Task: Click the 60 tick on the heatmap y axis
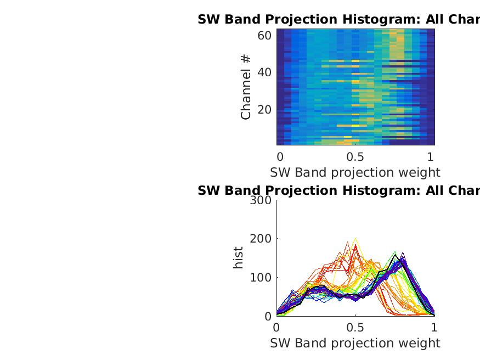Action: tap(264, 36)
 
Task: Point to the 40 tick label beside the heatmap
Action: tap(264, 72)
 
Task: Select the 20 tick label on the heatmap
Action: tap(264, 109)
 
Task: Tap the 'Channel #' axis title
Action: tap(246, 87)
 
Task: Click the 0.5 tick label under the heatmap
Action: tap(355, 156)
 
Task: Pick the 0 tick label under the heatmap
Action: tap(280, 156)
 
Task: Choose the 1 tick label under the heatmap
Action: tap(431, 156)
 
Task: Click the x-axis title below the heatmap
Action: tap(355, 172)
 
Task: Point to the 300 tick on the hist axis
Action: tap(260, 200)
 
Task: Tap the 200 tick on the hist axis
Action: tap(260, 239)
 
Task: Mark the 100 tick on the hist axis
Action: tap(260, 278)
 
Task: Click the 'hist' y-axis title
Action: tap(238, 258)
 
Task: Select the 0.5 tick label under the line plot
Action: tap(355, 328)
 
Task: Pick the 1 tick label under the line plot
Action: tap(434, 328)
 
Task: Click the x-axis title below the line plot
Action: tap(355, 343)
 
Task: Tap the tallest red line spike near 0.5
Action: tap(355, 245)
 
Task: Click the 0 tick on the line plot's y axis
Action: tap(268, 317)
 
